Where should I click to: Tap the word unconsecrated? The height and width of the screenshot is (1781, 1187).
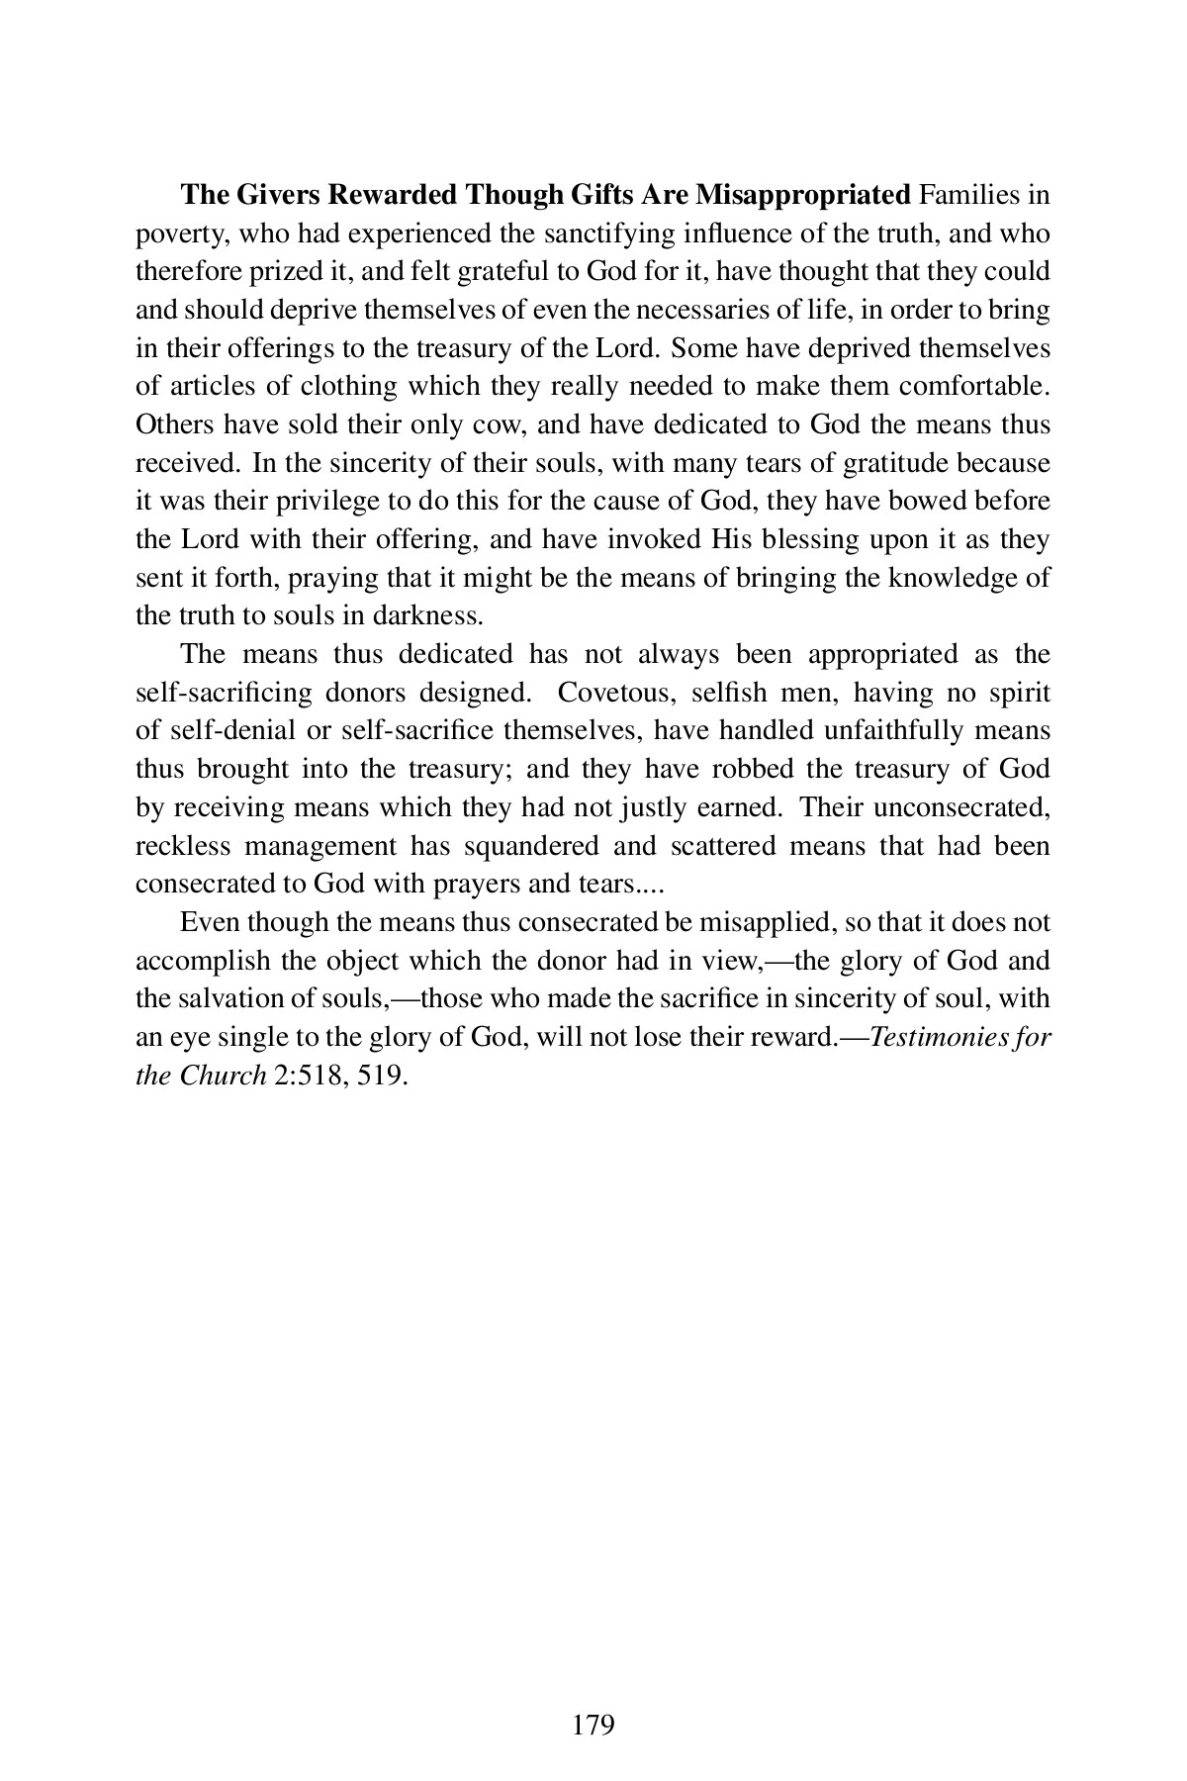click(x=956, y=807)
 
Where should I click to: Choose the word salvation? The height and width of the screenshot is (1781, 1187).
click(x=226, y=999)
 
